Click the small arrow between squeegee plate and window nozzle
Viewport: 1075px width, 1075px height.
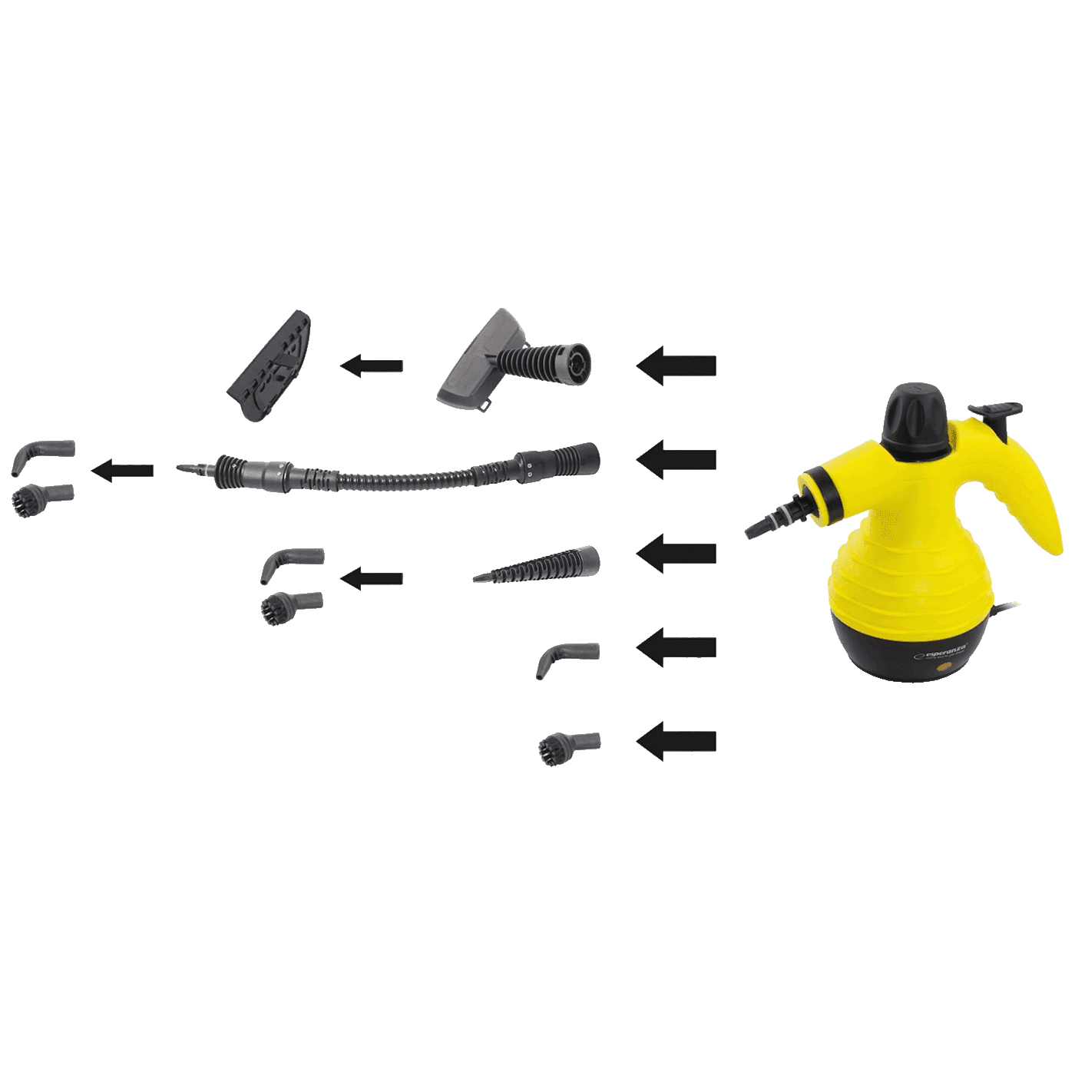tap(372, 366)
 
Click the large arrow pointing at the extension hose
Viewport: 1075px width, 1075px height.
tap(676, 460)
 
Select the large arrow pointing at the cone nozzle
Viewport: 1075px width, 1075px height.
tap(676, 554)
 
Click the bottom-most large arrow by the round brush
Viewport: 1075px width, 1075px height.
tap(676, 742)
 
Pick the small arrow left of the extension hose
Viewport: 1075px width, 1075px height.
tap(123, 470)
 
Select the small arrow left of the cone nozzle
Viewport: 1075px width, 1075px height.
tap(372, 577)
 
